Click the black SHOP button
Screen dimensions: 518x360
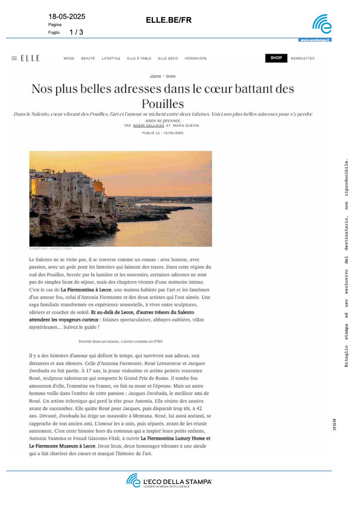pyautogui.click(x=276, y=58)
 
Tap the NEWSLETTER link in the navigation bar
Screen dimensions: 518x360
pyautogui.click(x=303, y=59)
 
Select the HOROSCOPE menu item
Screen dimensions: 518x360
pyautogui.click(x=196, y=59)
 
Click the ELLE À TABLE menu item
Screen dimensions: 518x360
pyautogui.click(x=139, y=59)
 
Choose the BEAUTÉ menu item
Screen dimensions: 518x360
pyautogui.click(x=88, y=59)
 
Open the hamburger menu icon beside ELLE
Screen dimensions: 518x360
pyautogui.click(x=14, y=58)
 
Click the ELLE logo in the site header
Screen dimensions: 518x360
pyautogui.click(x=30, y=58)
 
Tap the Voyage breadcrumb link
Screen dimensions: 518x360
pyautogui.click(x=171, y=76)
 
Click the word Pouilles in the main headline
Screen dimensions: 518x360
pyautogui.click(x=163, y=104)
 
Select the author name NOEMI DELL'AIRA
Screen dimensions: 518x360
pyautogui.click(x=148, y=126)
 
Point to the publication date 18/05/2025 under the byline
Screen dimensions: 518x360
pyautogui.click(x=173, y=133)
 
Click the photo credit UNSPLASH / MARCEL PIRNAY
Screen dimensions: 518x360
pyautogui.click(x=51, y=249)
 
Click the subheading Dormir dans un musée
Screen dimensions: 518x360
pyautogui.click(x=120, y=341)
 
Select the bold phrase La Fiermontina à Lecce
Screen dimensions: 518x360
pyautogui.click(x=86, y=290)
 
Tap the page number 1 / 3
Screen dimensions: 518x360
pyautogui.click(x=76, y=32)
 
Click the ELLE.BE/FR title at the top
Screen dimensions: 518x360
pyautogui.click(x=169, y=20)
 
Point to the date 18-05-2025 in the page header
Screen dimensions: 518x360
pyautogui.click(x=67, y=16)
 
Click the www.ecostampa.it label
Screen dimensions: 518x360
pyautogui.click(x=315, y=40)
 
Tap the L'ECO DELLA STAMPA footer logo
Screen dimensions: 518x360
pyautogui.click(x=169, y=481)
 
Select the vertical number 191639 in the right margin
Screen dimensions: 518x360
pyautogui.click(x=334, y=424)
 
